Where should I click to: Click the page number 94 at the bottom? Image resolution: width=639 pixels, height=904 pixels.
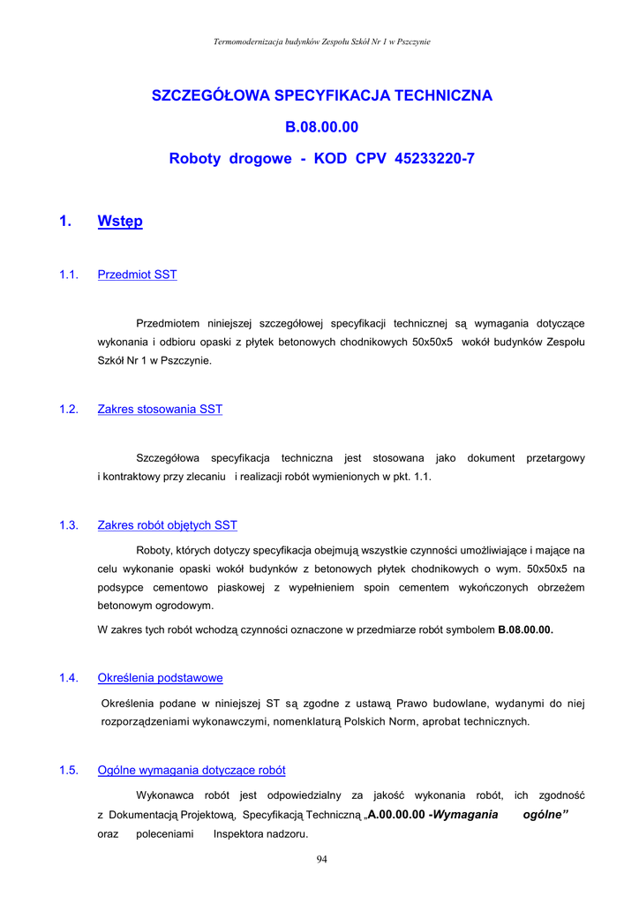[322, 861]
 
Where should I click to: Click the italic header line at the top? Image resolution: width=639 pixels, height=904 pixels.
[322, 41]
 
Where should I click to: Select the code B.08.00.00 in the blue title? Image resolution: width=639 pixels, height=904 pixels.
[322, 127]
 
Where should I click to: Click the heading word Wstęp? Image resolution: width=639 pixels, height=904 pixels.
[120, 222]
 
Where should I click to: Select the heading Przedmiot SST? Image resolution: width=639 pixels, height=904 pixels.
[137, 275]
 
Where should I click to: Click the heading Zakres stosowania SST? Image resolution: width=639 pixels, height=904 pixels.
[160, 410]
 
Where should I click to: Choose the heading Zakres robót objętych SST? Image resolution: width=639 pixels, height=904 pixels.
[167, 525]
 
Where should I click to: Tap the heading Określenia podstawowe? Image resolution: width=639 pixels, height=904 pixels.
[160, 678]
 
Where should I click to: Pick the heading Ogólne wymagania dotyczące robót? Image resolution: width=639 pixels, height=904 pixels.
[191, 771]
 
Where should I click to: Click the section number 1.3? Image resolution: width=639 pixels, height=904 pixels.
[69, 525]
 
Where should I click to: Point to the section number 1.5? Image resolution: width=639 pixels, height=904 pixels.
[69, 771]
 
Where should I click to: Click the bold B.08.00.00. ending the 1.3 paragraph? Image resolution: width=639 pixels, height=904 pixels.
[525, 630]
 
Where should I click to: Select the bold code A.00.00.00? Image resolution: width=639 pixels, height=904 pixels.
[397, 815]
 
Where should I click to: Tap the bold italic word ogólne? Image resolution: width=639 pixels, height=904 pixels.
[545, 815]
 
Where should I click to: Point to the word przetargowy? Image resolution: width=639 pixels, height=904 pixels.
[555, 458]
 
